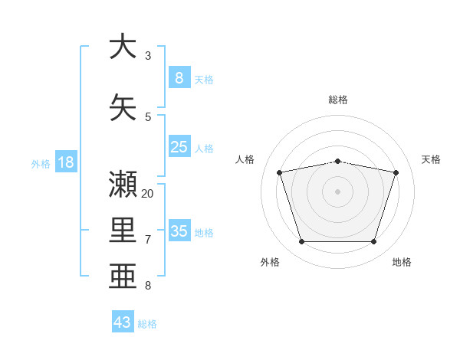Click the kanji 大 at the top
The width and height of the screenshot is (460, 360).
(123, 46)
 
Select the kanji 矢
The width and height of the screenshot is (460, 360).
(123, 107)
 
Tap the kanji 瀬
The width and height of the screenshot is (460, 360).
(123, 184)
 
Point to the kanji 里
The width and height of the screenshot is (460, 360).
(123, 230)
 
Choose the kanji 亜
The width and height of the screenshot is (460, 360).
(123, 276)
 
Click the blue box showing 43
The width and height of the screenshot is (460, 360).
(123, 321)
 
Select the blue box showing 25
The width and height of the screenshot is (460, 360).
(179, 146)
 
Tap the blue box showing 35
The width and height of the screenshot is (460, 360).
(179, 230)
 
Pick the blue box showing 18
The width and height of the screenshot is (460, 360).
(66, 162)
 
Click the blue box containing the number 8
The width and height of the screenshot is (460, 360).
(179, 77)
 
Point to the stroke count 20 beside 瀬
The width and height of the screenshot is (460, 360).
(147, 194)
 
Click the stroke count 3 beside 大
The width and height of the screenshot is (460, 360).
(148, 56)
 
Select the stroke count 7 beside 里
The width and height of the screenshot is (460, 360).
(148, 240)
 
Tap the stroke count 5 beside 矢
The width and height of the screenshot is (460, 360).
(148, 117)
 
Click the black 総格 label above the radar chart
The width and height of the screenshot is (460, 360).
(338, 100)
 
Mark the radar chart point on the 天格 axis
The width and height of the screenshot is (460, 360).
(396, 172)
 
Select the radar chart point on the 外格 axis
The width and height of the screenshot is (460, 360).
(302, 241)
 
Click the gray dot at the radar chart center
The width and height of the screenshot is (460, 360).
(337, 191)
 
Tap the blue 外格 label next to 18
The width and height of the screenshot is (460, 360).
(41, 164)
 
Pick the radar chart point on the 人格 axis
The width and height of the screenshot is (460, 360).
(279, 172)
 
